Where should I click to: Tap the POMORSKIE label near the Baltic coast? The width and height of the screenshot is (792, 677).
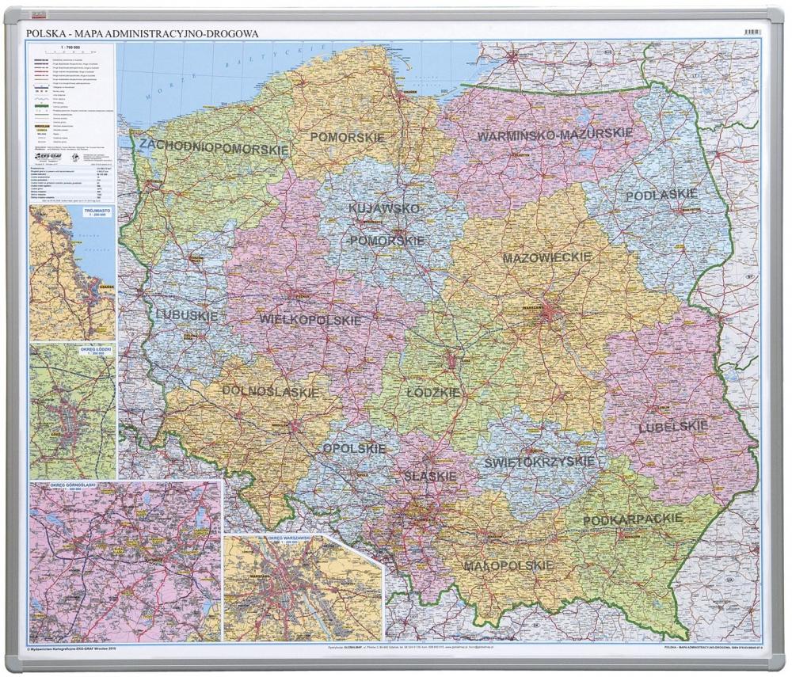coord(347,137)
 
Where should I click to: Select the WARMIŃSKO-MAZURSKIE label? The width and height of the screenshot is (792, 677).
coord(554,135)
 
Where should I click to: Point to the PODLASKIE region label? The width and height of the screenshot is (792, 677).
coord(661,195)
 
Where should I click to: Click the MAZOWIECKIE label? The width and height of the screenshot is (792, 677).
coord(547,257)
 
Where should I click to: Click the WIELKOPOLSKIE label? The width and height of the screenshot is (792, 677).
coord(310,320)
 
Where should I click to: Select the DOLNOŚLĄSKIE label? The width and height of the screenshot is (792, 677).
coord(271,391)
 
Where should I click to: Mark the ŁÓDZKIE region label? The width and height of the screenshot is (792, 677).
coord(432,392)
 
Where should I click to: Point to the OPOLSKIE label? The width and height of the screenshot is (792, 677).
coord(354,448)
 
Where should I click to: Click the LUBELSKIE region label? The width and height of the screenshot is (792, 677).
coord(672,427)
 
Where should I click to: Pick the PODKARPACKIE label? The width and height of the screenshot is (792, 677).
coord(632,519)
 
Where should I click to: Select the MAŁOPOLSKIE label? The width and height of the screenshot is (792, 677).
coord(508,565)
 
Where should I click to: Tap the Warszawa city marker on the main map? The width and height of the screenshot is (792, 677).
coord(545,314)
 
